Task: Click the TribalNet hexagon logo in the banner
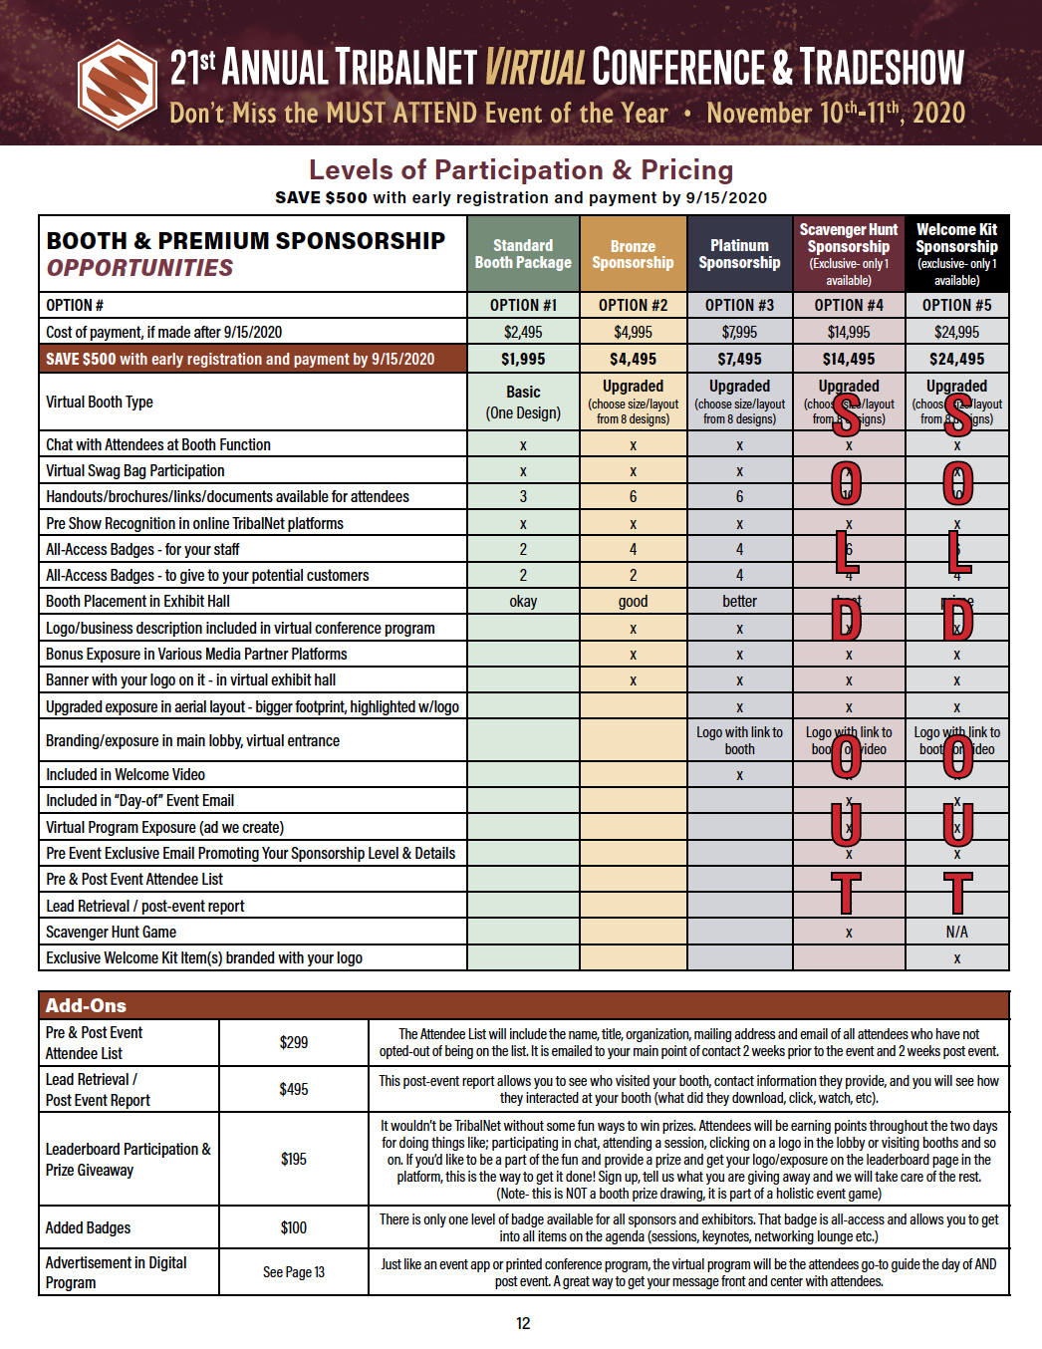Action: pyautogui.click(x=118, y=85)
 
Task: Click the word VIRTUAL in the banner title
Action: pyautogui.click(x=535, y=68)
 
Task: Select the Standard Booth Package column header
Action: pyautogui.click(x=523, y=254)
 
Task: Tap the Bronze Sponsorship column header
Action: pyautogui.click(x=633, y=254)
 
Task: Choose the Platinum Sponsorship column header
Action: pyautogui.click(x=739, y=254)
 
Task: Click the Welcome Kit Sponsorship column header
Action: pyautogui.click(x=956, y=254)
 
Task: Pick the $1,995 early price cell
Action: pyautogui.click(x=523, y=359)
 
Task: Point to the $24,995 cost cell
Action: pyautogui.click(x=956, y=332)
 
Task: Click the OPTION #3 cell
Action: pyautogui.click(x=739, y=305)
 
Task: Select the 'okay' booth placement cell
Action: pyautogui.click(x=523, y=602)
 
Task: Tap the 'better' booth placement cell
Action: pyautogui.click(x=739, y=602)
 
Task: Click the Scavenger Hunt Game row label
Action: pyautogui.click(x=111, y=932)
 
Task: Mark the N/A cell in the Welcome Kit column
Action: pyautogui.click(x=956, y=932)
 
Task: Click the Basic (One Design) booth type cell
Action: pyautogui.click(x=523, y=403)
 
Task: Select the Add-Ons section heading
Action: pyautogui.click(x=86, y=1005)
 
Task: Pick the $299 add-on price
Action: pyautogui.click(x=294, y=1042)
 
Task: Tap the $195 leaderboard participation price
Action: pyautogui.click(x=294, y=1159)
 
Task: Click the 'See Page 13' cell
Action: pyautogui.click(x=294, y=1272)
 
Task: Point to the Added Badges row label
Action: pyautogui.click(x=88, y=1227)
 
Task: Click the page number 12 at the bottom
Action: pyautogui.click(x=523, y=1323)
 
